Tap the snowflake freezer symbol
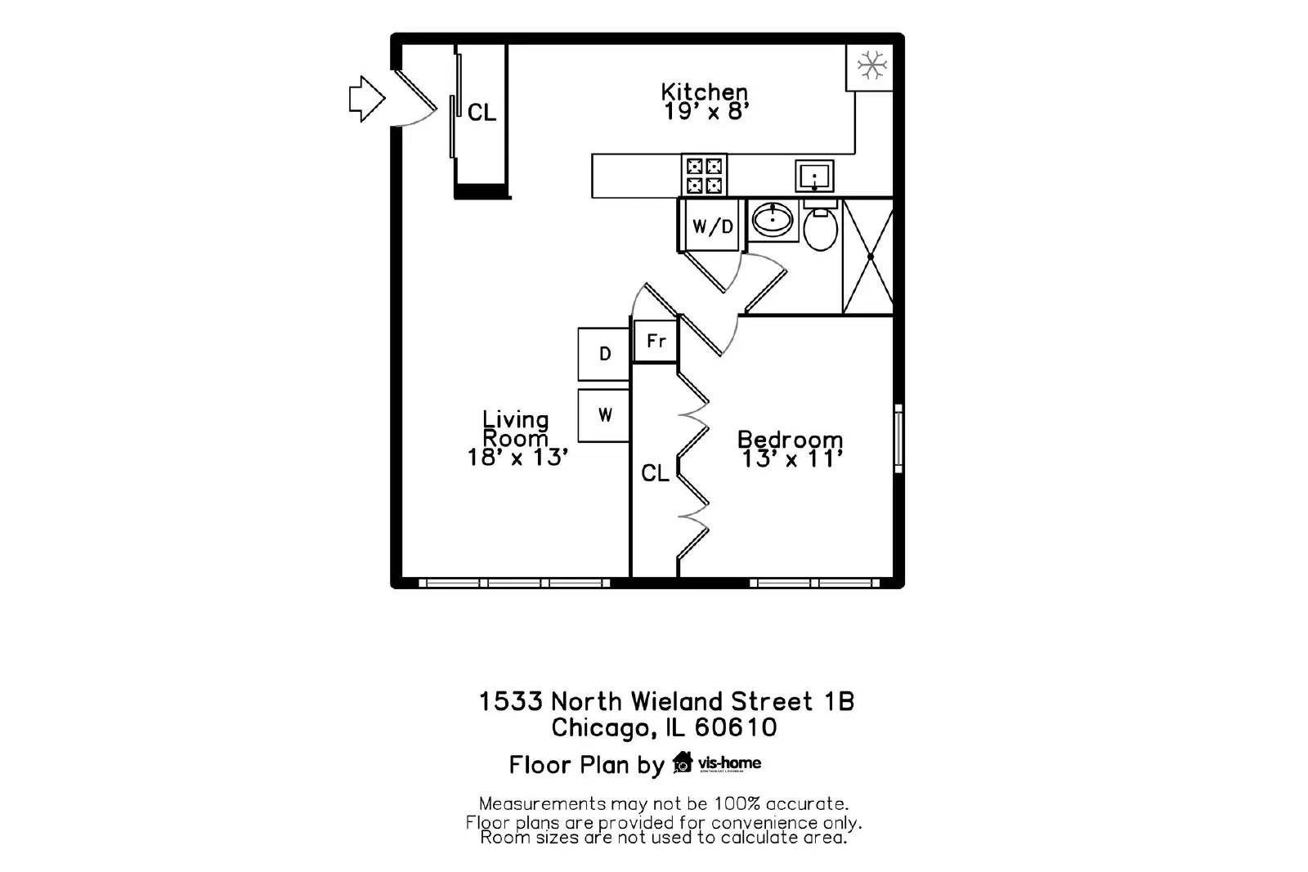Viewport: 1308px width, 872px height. (x=871, y=65)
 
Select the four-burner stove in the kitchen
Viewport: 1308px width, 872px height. (x=704, y=176)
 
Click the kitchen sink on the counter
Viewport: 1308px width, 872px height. (x=814, y=177)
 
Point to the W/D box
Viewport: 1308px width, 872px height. (x=712, y=226)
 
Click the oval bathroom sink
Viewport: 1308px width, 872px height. (x=772, y=219)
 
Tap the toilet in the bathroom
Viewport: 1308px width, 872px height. (x=820, y=228)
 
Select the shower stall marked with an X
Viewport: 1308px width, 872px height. (x=869, y=257)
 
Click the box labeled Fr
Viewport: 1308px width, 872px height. (x=656, y=341)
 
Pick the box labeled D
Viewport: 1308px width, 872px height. (x=604, y=354)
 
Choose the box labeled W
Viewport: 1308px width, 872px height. (x=604, y=415)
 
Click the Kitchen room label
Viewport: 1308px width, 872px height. (x=704, y=91)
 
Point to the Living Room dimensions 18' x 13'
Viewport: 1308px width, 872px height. (x=517, y=457)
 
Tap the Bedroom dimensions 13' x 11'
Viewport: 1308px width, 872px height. (x=791, y=459)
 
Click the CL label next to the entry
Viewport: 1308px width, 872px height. (x=482, y=112)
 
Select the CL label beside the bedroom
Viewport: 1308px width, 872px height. (x=655, y=473)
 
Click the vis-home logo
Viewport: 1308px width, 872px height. (x=717, y=763)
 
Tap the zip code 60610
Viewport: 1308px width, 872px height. (x=736, y=727)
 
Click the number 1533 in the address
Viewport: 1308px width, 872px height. (x=510, y=701)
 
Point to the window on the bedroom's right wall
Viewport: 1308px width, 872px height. (x=898, y=438)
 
